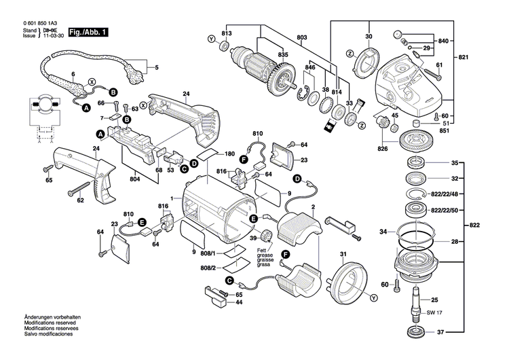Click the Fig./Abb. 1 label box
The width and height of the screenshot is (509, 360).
pos(87,33)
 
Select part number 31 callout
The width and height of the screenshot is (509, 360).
pos(343,255)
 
